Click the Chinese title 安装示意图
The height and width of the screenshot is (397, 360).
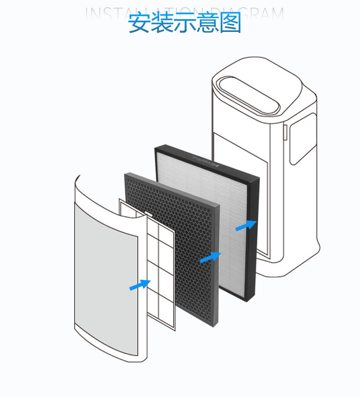click(x=184, y=23)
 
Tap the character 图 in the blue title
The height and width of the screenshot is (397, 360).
click(x=230, y=23)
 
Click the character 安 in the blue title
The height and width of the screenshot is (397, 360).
click(x=139, y=23)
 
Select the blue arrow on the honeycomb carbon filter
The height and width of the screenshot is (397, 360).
click(x=210, y=257)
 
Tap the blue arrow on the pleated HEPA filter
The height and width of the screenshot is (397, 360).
click(x=246, y=226)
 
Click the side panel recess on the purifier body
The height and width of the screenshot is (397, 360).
click(x=303, y=137)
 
